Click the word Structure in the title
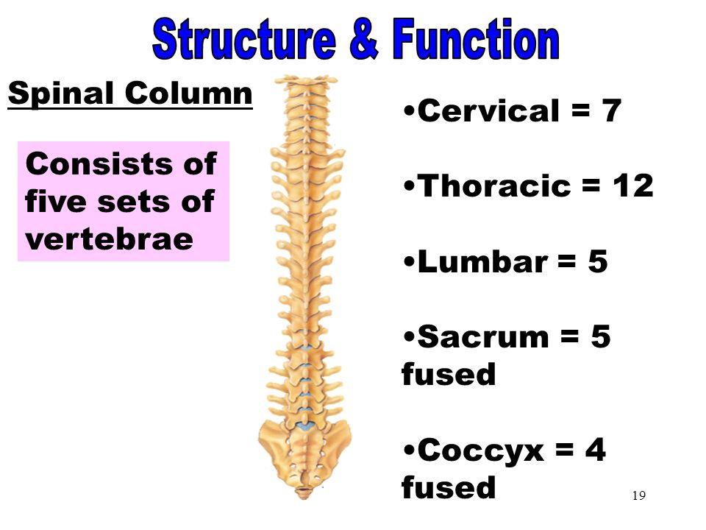pos(244,39)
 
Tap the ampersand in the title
pos(363,39)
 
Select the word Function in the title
pos(476,39)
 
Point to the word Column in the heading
pos(189,93)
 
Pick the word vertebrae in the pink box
pos(109,239)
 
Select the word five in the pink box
pos(56,201)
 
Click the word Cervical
pos(488,110)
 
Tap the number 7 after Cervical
pos(611,110)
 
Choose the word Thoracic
pos(494,185)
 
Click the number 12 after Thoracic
pos(633,185)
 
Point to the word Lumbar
pos(482,261)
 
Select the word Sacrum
pos(483,336)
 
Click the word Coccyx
pos(481,451)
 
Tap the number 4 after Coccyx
pos(595,450)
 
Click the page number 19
pos(639,495)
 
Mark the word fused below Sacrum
pos(449,374)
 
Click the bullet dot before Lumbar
pos(409,261)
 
